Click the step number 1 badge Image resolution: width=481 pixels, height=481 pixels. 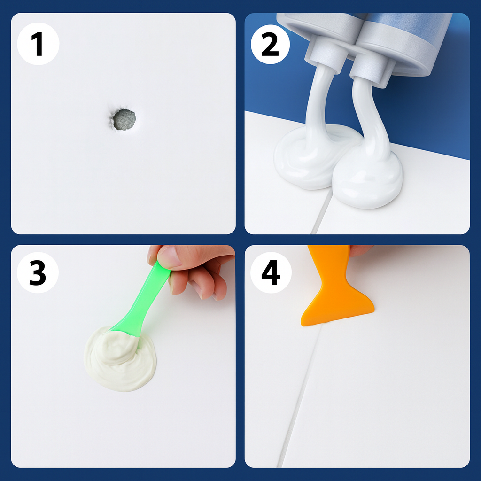click(38, 44)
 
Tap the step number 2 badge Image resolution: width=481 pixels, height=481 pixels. click(270, 44)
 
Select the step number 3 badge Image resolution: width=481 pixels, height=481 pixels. click(38, 272)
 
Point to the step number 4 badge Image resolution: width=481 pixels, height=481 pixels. click(271, 272)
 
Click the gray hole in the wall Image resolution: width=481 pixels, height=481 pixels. click(124, 119)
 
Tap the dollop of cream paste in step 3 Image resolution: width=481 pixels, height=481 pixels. click(120, 359)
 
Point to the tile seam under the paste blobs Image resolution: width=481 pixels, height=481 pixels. click(321, 212)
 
